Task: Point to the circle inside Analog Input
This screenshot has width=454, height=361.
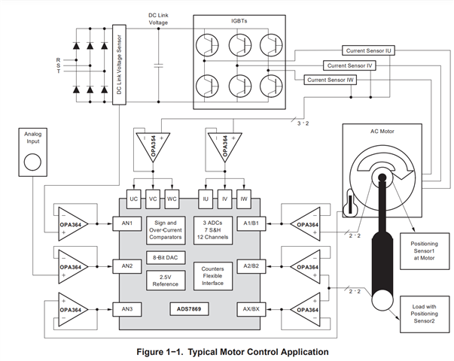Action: point(32,161)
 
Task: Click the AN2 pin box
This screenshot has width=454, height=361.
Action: point(126,265)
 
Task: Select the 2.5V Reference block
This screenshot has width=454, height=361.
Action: point(165,280)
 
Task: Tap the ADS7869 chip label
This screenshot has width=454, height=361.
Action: point(192,309)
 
